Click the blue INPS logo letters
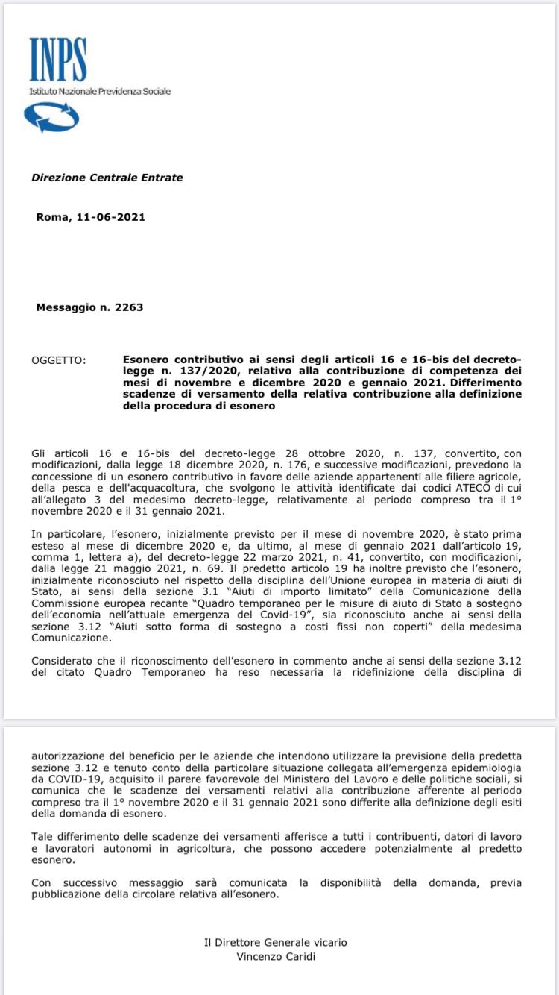click(x=58, y=60)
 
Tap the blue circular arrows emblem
click(x=51, y=117)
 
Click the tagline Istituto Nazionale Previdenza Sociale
click(x=100, y=91)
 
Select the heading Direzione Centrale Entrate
click(x=107, y=178)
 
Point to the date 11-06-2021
click(x=116, y=217)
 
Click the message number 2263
click(x=129, y=307)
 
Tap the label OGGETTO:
click(x=59, y=360)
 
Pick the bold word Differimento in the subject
click(x=486, y=383)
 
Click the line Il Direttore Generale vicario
click(x=275, y=942)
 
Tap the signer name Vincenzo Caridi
click(x=275, y=956)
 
